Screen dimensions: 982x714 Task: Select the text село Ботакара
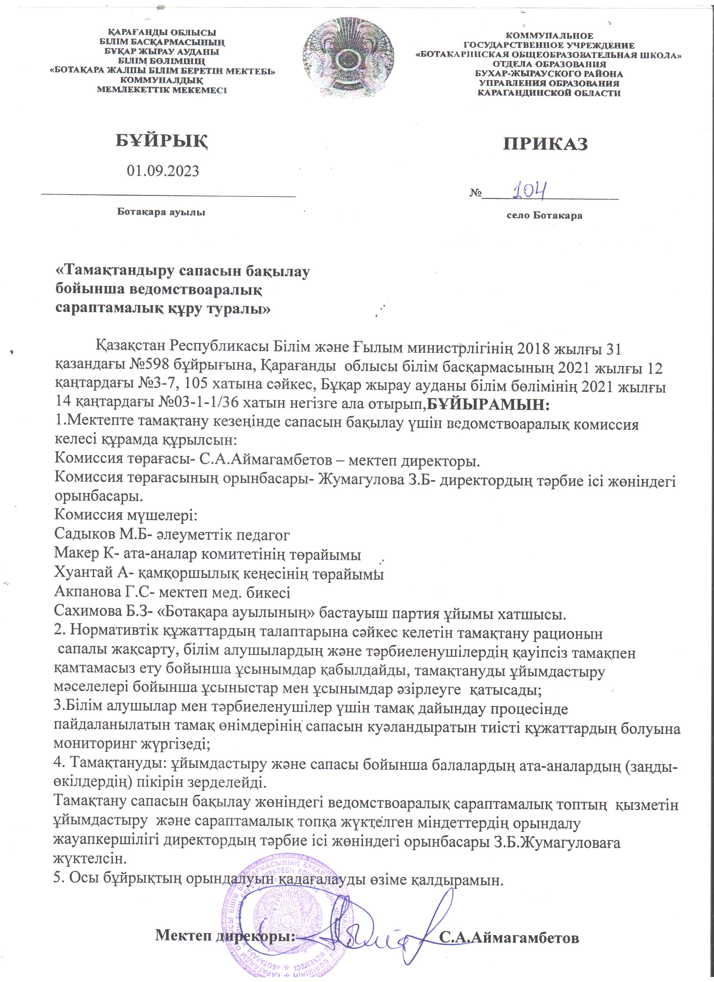[544, 215]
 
